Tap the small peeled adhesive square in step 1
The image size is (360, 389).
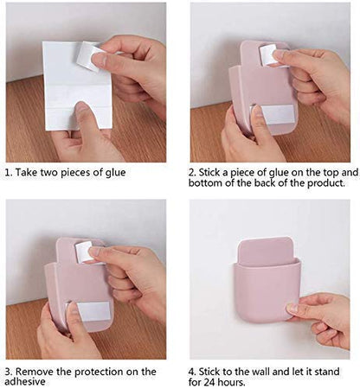point(87,55)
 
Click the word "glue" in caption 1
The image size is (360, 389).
point(115,173)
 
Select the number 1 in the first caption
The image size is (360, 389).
point(8,173)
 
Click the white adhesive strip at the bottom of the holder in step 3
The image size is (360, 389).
point(93,311)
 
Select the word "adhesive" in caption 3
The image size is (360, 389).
point(25,382)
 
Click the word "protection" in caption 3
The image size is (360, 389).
point(99,373)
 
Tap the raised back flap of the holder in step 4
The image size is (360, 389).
point(267,250)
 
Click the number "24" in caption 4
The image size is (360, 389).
point(209,382)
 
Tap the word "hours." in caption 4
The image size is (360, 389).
point(232,382)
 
